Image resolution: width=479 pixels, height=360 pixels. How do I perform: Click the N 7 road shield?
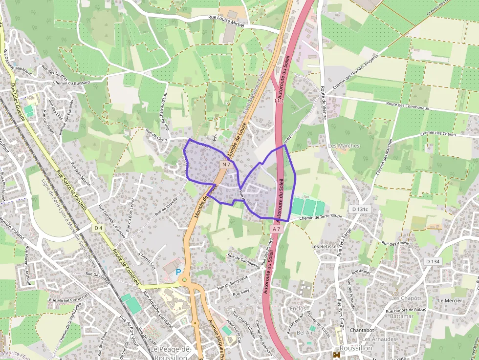click(225, 165)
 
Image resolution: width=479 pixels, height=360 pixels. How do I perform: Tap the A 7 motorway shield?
click(276, 229)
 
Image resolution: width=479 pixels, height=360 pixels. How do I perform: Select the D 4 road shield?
click(98, 228)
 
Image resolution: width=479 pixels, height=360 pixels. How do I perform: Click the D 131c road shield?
click(359, 209)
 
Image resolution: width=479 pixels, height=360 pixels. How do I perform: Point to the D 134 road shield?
click(433, 262)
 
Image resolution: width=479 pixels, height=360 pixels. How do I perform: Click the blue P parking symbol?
click(178, 272)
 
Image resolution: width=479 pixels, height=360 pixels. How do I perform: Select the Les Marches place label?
click(344, 146)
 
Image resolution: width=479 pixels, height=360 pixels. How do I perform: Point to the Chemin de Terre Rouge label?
click(320, 217)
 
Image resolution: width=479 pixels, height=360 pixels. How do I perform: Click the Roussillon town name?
click(356, 348)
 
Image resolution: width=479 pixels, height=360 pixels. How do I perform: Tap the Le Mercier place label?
click(450, 300)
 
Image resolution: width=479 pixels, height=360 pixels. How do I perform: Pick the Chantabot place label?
click(362, 330)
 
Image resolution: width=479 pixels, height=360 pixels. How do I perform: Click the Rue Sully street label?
click(241, 293)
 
